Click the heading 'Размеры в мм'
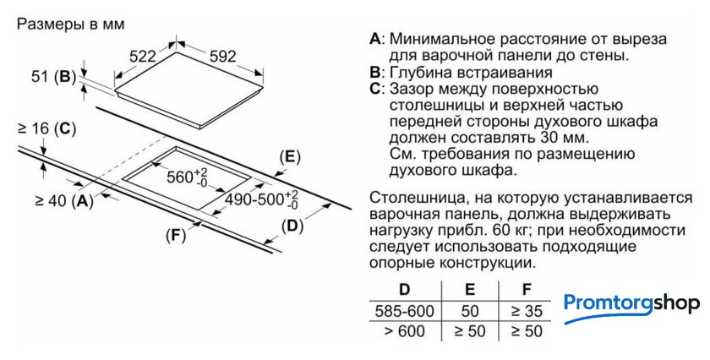(x=70, y=24)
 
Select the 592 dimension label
(x=221, y=57)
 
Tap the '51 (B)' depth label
(x=52, y=77)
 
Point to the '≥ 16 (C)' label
(x=46, y=129)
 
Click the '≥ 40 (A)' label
(x=63, y=201)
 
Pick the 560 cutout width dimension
(x=186, y=177)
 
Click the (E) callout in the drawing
(x=289, y=157)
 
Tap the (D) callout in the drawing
(x=292, y=226)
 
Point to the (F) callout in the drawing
(x=175, y=236)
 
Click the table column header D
(x=404, y=289)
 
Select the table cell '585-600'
(x=404, y=310)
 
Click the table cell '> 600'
(x=404, y=331)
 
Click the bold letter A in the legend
(x=375, y=39)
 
